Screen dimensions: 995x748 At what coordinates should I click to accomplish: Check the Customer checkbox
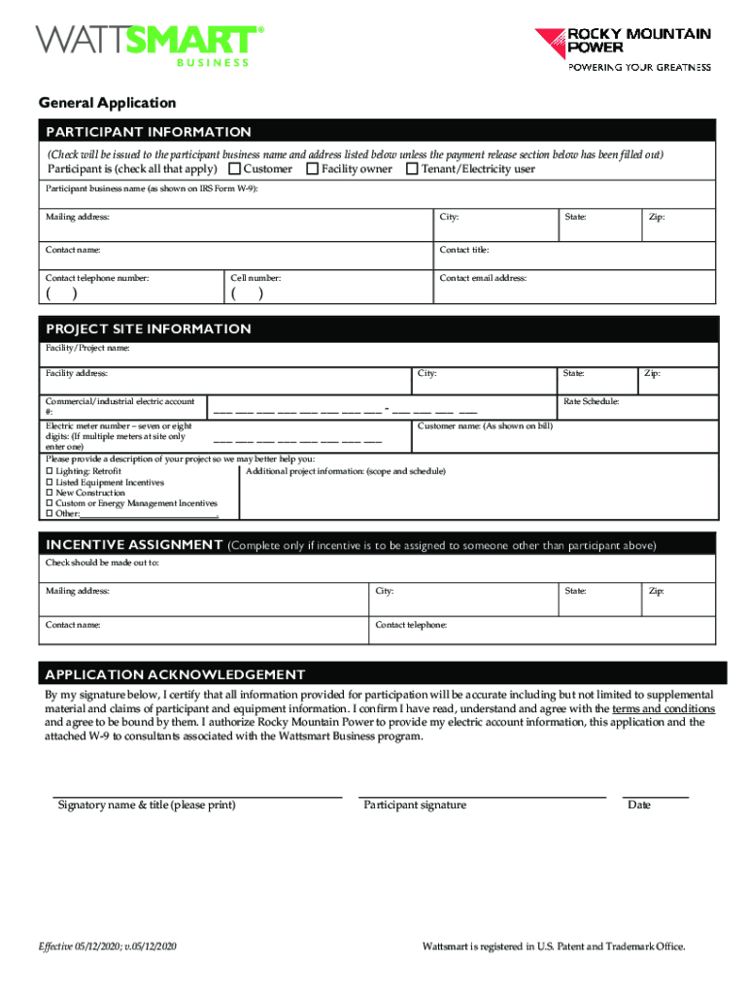(234, 169)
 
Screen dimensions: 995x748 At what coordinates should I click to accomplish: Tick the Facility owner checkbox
(313, 169)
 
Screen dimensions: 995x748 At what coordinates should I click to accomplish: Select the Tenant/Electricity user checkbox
(412, 169)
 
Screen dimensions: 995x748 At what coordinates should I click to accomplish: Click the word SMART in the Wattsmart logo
(204, 40)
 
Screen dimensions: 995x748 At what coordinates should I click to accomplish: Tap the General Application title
(107, 102)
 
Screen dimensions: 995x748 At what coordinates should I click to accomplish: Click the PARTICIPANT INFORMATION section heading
(148, 132)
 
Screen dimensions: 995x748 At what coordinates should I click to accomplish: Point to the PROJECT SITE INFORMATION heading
(148, 329)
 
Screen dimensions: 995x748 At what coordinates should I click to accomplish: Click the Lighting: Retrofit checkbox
(50, 471)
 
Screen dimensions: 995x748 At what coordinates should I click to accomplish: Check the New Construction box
(50, 493)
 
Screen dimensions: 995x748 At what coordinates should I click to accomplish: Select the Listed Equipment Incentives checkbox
(50, 482)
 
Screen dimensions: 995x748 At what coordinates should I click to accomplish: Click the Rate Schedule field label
(592, 401)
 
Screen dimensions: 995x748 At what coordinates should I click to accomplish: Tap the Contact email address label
(483, 278)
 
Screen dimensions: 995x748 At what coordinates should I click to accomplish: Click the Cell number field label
(256, 278)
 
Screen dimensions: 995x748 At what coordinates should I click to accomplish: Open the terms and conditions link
(663, 709)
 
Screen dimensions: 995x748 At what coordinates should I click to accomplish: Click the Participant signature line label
(415, 805)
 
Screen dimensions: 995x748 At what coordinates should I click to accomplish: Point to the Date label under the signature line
(639, 805)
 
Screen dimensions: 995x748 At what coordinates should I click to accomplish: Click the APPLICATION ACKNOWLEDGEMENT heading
(175, 674)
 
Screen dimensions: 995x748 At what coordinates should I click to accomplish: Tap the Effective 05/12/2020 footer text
(107, 946)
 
